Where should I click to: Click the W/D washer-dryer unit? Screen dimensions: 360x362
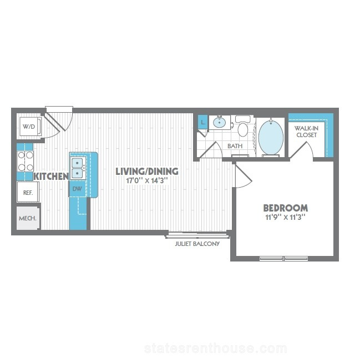point(31,127)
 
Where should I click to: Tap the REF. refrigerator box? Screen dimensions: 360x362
point(28,192)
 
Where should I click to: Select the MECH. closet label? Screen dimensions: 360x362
point(28,218)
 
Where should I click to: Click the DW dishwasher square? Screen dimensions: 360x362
point(77,189)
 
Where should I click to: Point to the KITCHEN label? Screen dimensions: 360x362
point(52,177)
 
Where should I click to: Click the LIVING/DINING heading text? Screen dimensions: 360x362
point(147,172)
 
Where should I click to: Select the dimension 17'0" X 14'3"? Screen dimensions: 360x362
point(146,180)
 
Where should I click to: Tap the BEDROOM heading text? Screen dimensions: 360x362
point(286,208)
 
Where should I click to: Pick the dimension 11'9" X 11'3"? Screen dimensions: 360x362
point(286,217)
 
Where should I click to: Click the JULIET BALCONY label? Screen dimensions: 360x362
point(197,244)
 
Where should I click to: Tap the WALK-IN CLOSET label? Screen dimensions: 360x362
point(307,132)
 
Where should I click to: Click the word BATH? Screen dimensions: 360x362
point(235,146)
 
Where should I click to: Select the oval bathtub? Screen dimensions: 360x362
point(271,137)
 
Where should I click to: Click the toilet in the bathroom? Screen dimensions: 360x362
point(242,126)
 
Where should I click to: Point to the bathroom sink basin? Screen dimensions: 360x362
point(219,122)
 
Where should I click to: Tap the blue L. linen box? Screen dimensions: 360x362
point(203,122)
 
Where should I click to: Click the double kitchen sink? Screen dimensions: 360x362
point(78,168)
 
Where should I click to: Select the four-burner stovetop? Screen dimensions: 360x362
point(26,161)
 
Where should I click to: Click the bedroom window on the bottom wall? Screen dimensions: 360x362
point(283,258)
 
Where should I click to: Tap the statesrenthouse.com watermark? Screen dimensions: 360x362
point(215,348)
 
